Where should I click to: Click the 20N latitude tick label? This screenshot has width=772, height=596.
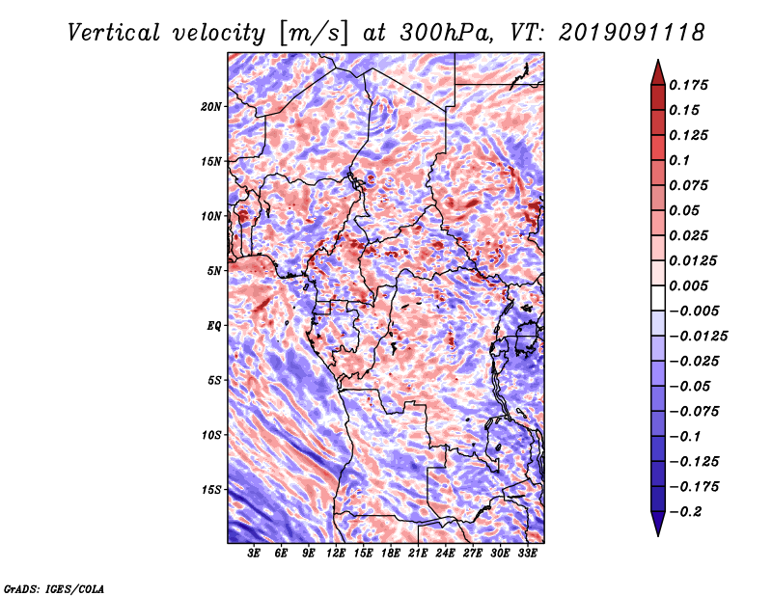pyautogui.click(x=210, y=107)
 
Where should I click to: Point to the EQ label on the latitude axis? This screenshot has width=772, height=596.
pyautogui.click(x=213, y=326)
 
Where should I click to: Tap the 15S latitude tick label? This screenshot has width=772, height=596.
pyautogui.click(x=210, y=490)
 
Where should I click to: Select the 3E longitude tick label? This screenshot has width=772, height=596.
pyautogui.click(x=254, y=554)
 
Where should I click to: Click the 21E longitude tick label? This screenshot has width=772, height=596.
pyautogui.click(x=418, y=554)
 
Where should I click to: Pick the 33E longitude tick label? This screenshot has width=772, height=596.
pyautogui.click(x=527, y=554)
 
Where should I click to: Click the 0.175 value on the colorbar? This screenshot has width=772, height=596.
pyautogui.click(x=688, y=85)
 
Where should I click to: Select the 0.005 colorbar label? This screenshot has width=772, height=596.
pyautogui.click(x=688, y=285)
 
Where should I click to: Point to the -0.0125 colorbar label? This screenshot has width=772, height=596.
pyautogui.click(x=698, y=337)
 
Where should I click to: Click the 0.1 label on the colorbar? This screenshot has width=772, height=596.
pyautogui.click(x=679, y=160)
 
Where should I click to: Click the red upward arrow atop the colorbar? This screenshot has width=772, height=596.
pyautogui.click(x=658, y=72)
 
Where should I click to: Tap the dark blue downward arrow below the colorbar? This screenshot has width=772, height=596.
pyautogui.click(x=658, y=524)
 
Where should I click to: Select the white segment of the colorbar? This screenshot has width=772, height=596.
pyautogui.click(x=658, y=298)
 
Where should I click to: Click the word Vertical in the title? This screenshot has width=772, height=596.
pyautogui.click(x=114, y=33)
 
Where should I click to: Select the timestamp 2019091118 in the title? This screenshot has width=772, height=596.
pyautogui.click(x=632, y=33)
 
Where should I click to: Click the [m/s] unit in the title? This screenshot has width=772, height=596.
pyautogui.click(x=314, y=34)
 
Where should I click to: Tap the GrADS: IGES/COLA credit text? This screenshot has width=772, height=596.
pyautogui.click(x=54, y=588)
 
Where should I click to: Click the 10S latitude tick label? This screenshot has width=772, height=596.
pyautogui.click(x=210, y=435)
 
